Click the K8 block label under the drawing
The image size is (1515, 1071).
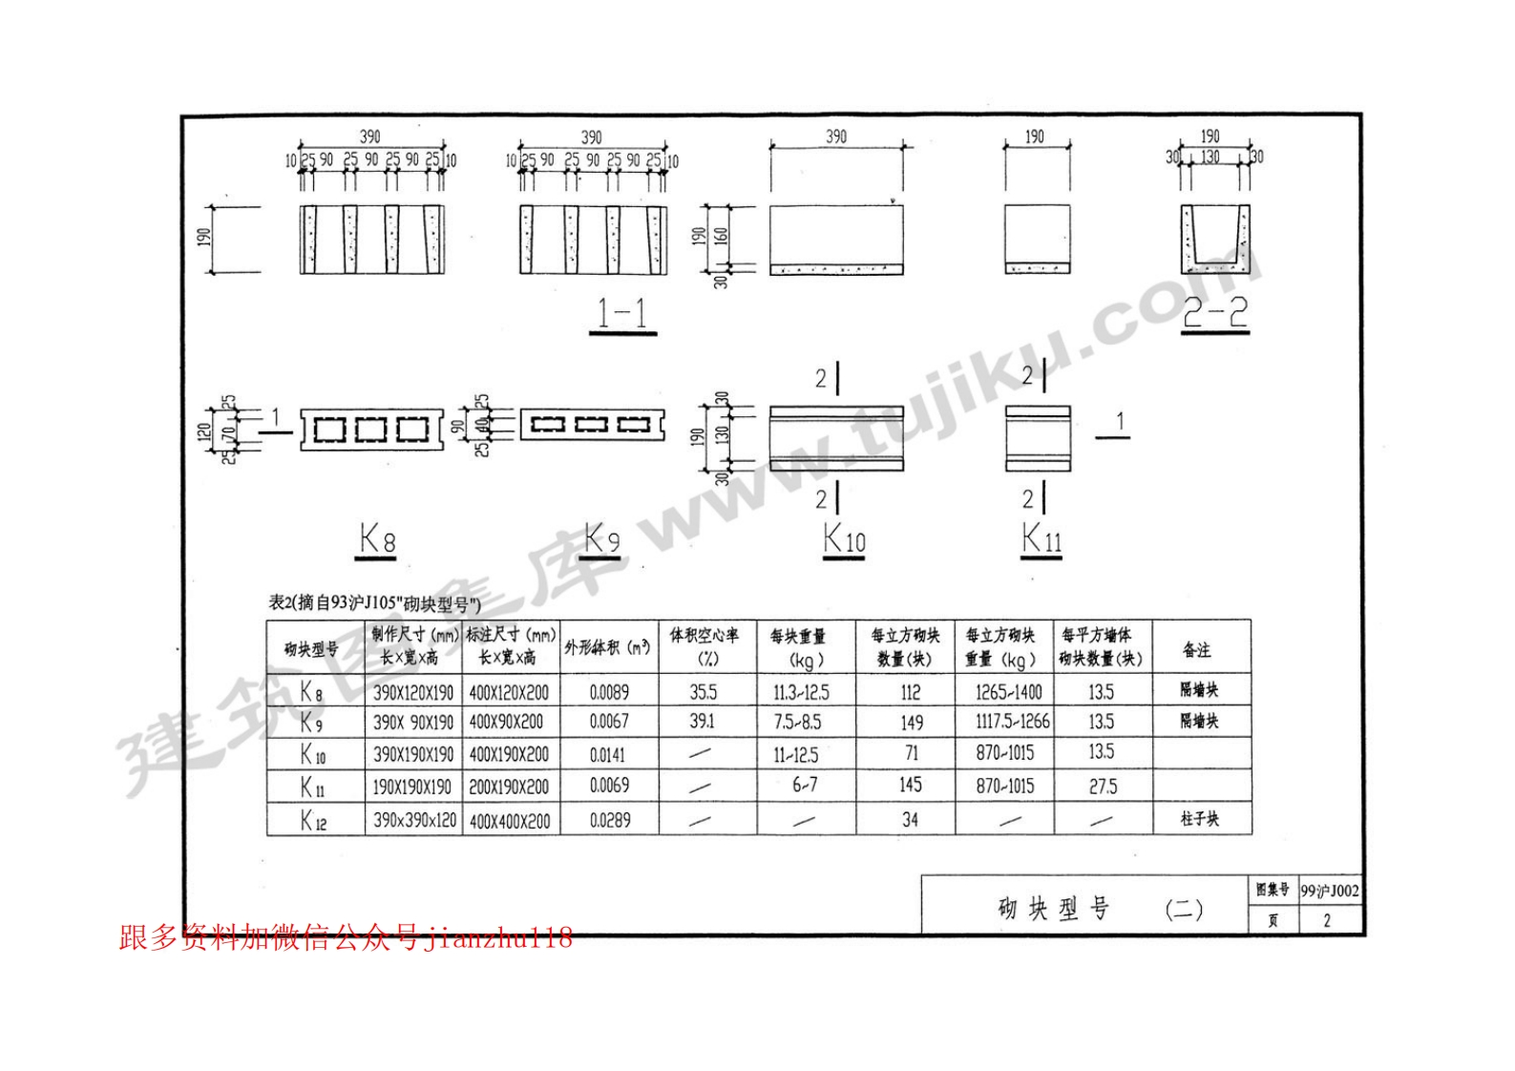pos(377,540)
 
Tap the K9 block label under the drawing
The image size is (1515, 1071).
pos(602,539)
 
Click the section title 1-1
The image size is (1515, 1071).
pos(622,314)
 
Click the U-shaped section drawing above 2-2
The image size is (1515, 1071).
pos(1214,239)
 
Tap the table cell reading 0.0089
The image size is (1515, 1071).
pos(609,692)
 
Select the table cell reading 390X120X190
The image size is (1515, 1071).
pos(413,692)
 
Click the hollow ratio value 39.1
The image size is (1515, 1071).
pos(703,722)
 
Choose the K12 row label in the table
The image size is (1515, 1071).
pos(313,820)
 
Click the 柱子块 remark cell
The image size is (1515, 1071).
pos(1199,819)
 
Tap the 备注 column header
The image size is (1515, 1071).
pos(1197,650)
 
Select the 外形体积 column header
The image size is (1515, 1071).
pos(607,647)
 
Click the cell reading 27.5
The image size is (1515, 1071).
pos(1102,787)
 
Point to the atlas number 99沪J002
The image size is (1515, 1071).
pos(1330,892)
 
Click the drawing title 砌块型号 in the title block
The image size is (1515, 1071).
pos(1054,909)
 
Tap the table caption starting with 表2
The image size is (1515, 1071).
pos(374,603)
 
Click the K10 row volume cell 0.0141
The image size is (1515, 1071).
pos(607,755)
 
